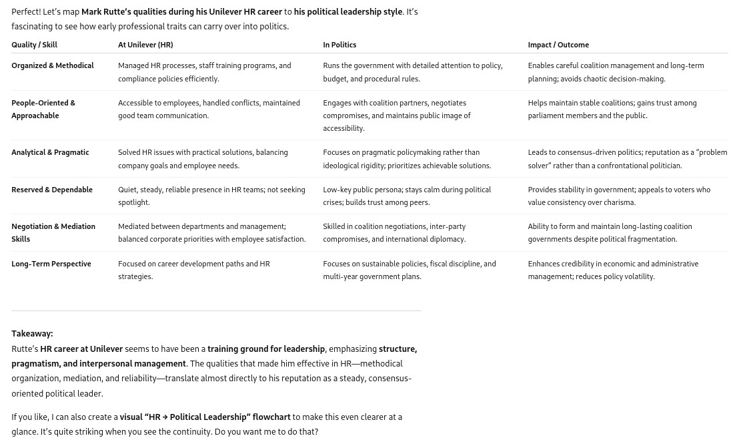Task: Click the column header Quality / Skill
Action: [34, 45]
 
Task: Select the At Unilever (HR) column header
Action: [145, 45]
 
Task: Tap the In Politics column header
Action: [339, 45]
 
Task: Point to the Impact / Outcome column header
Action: [558, 45]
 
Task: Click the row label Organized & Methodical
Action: [53, 65]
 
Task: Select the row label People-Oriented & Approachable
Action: [43, 109]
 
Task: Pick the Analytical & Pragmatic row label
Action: [50, 152]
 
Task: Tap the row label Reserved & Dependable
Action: [52, 190]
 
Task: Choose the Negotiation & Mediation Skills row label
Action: [53, 232]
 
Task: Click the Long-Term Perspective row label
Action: [51, 264]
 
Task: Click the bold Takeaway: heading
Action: [32, 333]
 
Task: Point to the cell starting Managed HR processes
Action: [204, 72]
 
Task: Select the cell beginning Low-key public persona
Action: [407, 196]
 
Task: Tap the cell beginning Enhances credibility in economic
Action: [613, 270]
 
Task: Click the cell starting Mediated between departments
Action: [211, 232]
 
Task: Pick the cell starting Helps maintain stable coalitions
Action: [612, 109]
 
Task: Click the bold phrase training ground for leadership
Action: [266, 349]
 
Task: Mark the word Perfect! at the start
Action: [26, 11]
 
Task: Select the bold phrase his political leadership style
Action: [348, 11]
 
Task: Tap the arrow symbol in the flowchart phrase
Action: [165, 417]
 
